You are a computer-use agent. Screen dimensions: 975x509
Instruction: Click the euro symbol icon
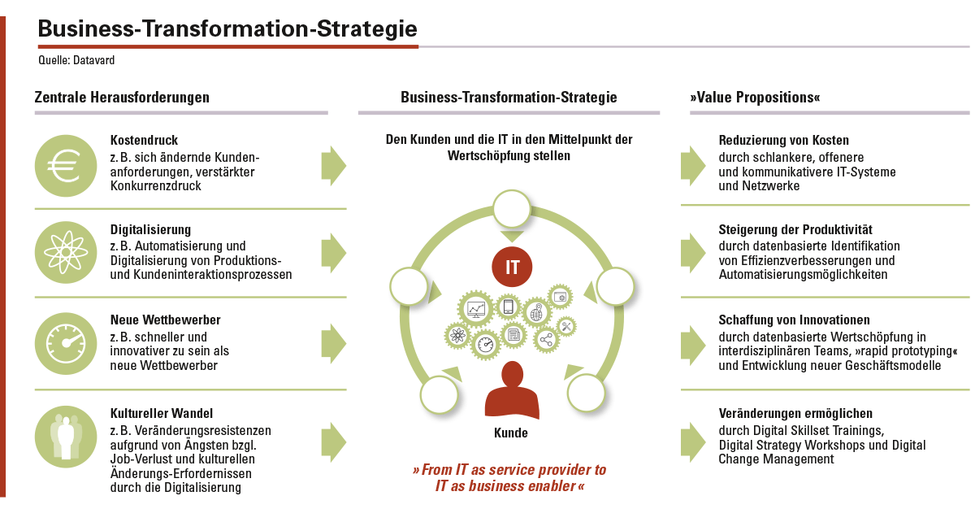tap(66, 166)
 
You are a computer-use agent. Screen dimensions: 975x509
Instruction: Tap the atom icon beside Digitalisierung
tap(66, 253)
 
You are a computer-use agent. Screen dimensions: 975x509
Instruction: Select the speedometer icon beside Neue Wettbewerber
tap(66, 344)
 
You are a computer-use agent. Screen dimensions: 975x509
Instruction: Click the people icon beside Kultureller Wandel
tap(66, 437)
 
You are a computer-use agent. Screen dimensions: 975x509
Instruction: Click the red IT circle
tap(512, 267)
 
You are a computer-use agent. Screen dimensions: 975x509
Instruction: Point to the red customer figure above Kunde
tap(512, 390)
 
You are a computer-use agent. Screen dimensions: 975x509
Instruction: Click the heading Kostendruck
tap(144, 140)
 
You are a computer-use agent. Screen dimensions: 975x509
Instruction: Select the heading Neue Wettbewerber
tap(166, 320)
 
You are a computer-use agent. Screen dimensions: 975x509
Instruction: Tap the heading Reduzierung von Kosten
tap(783, 140)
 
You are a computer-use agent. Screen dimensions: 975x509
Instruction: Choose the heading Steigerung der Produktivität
tap(795, 229)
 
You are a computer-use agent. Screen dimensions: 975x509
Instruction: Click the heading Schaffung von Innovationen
tap(794, 320)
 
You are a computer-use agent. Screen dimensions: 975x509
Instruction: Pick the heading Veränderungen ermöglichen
tap(795, 413)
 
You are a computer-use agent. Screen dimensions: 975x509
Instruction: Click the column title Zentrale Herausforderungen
tap(122, 97)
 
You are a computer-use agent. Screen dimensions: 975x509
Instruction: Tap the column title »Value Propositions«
tap(755, 97)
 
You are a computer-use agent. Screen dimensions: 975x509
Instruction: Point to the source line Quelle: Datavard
tap(76, 60)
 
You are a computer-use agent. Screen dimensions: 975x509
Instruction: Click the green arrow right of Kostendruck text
tap(334, 166)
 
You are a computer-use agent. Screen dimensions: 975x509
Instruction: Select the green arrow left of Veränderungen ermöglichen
tap(693, 442)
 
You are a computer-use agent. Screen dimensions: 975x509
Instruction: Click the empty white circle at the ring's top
tap(512, 209)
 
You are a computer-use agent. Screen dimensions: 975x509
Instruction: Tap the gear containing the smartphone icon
tap(508, 306)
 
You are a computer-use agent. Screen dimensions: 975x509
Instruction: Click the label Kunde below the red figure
tap(511, 433)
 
